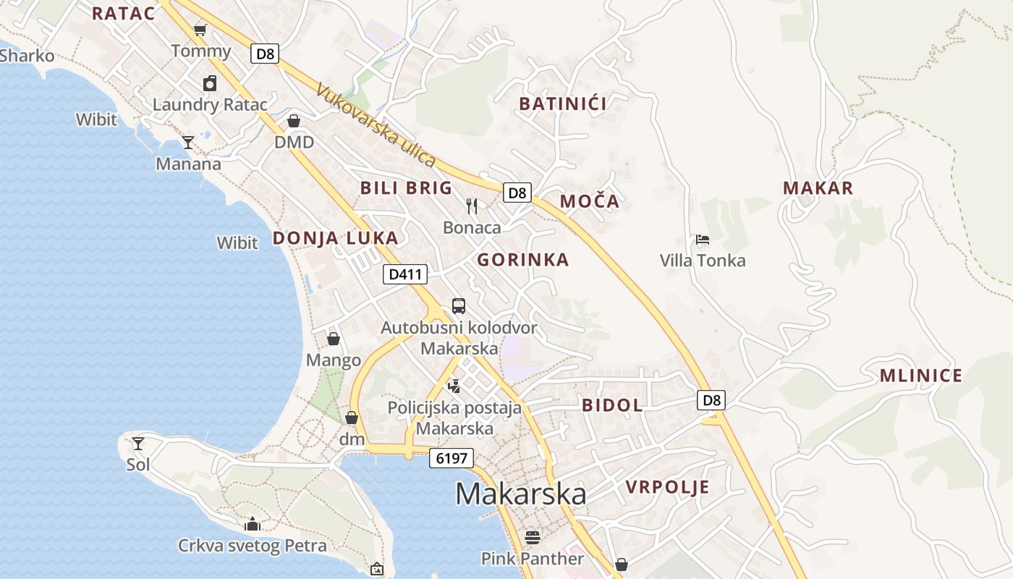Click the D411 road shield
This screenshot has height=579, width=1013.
click(x=405, y=274)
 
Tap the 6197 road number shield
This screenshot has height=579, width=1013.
click(x=452, y=457)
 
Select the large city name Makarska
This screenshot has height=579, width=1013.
click(x=520, y=494)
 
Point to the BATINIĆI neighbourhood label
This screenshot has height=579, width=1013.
click(x=563, y=103)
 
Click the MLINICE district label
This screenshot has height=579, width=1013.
click(x=921, y=376)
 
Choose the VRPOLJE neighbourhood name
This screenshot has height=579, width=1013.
click(x=668, y=487)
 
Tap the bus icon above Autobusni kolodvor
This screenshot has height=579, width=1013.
click(x=459, y=305)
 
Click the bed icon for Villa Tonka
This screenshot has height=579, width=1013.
click(x=702, y=240)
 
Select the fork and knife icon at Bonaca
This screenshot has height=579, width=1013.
click(x=472, y=206)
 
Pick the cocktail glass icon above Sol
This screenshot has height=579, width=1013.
click(x=137, y=443)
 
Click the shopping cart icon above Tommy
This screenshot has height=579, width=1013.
click(x=200, y=30)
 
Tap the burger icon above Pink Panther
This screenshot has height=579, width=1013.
click(x=533, y=538)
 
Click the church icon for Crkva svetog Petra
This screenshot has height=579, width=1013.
click(x=253, y=523)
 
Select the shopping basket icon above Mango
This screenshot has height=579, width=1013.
click(x=334, y=338)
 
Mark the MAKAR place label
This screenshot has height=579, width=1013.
click(x=818, y=188)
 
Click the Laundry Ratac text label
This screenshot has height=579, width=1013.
click(x=210, y=105)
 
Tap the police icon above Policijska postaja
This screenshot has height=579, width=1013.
click(x=454, y=386)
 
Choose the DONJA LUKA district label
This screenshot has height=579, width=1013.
click(x=335, y=238)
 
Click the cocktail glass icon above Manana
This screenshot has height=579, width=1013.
click(x=188, y=142)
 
